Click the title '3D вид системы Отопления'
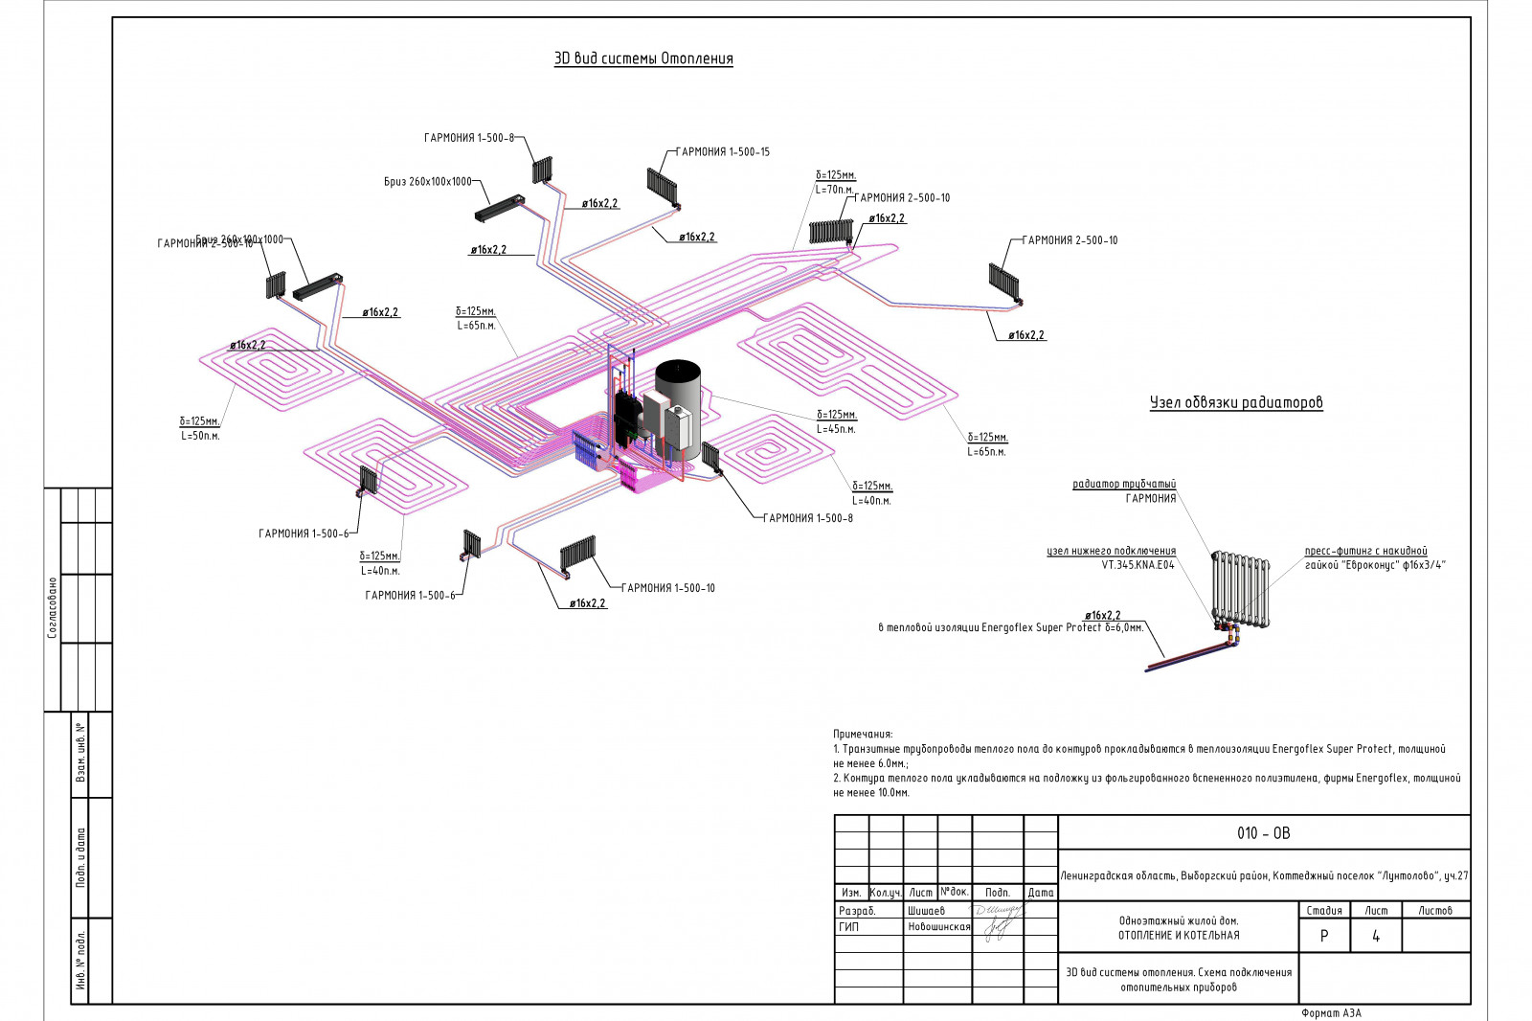[643, 58]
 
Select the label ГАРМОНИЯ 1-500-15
[723, 151]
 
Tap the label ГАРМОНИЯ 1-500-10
[668, 588]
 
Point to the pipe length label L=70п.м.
[834, 190]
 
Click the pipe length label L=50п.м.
[200, 436]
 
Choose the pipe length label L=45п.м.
[836, 429]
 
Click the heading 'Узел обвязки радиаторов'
[1235, 402]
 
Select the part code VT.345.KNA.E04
[1138, 565]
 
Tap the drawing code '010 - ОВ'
[1263, 833]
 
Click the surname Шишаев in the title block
[926, 911]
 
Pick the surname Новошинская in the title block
[938, 927]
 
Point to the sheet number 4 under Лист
[1376, 937]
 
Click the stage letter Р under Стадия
[1324, 937]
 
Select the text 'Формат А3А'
[1331, 1012]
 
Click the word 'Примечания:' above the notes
[863, 734]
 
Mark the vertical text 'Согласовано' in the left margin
[53, 607]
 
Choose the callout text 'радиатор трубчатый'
[1124, 485]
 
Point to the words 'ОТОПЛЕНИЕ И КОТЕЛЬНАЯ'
[1179, 936]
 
